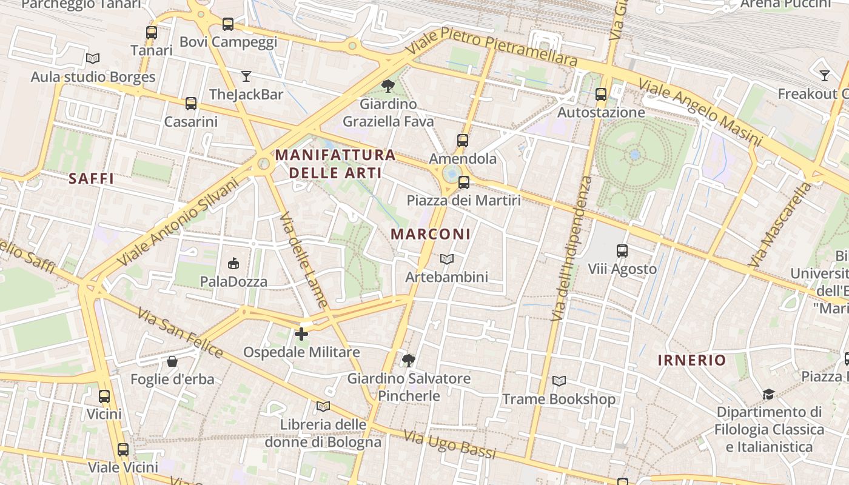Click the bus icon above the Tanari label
(x=152, y=33)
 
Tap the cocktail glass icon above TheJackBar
(x=246, y=76)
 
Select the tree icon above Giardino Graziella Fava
(x=388, y=86)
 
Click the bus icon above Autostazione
(x=601, y=95)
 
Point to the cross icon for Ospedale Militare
(x=301, y=333)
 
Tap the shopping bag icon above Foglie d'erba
(x=172, y=361)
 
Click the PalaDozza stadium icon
(x=233, y=263)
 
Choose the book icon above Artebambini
(x=447, y=259)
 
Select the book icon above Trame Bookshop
(x=559, y=381)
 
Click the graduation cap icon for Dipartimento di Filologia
(x=768, y=395)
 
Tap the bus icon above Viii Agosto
(x=622, y=250)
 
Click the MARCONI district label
(x=431, y=234)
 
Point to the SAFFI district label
(x=91, y=178)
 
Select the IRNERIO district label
(x=691, y=360)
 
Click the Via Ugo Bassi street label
(x=449, y=444)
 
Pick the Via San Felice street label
(x=180, y=332)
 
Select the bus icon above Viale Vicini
(x=123, y=450)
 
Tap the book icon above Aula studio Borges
(x=93, y=59)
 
